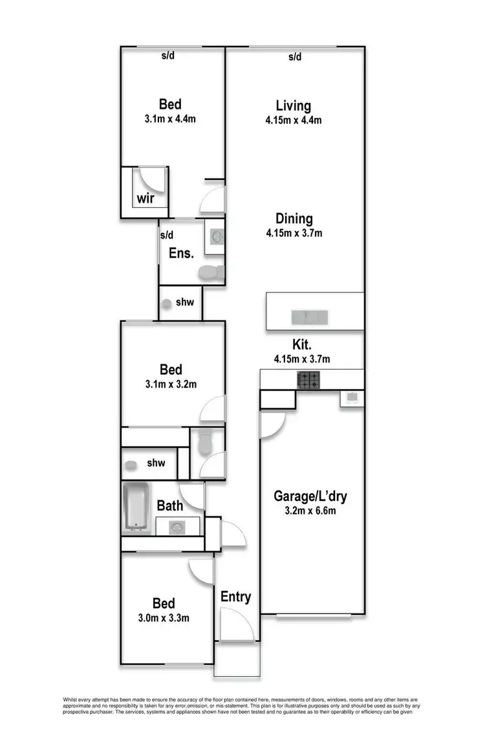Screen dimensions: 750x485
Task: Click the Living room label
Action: (x=293, y=105)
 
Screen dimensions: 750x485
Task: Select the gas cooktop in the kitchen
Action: (x=308, y=380)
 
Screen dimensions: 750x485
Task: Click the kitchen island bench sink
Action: (x=310, y=317)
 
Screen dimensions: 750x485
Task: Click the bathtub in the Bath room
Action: (x=136, y=508)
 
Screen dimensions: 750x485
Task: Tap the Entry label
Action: (x=235, y=597)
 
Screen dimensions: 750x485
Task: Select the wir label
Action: (x=145, y=198)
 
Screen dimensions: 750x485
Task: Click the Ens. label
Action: (x=181, y=253)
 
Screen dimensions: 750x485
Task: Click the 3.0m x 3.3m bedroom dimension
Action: (x=164, y=617)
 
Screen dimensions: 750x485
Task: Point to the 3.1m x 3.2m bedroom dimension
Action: (x=171, y=384)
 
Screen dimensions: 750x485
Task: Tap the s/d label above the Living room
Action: (x=295, y=57)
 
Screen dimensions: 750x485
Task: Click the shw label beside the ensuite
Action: (x=184, y=302)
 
